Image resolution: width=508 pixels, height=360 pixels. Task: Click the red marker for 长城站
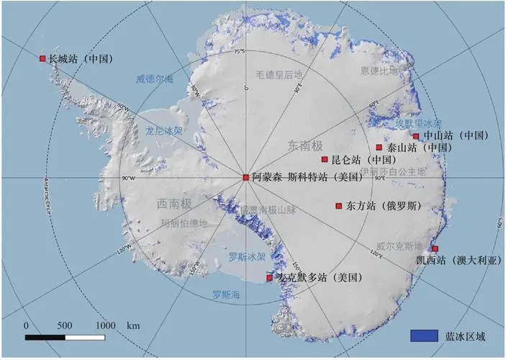coord(42,58)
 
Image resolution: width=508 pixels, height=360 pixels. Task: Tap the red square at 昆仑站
coord(325,159)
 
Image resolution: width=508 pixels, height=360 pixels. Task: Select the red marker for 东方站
coord(339,206)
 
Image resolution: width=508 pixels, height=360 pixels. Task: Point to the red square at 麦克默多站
coord(270,277)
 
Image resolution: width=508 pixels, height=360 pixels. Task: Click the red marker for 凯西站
coord(435,249)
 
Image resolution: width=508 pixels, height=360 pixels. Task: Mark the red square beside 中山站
coord(416,135)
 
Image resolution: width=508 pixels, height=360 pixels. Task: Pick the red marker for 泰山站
coord(379,148)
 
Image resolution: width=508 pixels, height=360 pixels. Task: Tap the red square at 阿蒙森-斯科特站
coord(245,176)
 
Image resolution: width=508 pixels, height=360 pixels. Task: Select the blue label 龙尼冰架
coord(164,132)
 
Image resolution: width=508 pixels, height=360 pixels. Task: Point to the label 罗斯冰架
coord(248,256)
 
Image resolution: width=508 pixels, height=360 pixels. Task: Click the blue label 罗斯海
coord(226,294)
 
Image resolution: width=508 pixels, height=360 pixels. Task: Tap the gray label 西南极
coord(173,204)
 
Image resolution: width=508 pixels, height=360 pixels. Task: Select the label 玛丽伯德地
coord(183,223)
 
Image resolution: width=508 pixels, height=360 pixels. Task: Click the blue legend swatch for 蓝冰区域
coord(424,336)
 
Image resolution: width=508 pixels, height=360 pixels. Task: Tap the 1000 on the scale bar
coord(105,325)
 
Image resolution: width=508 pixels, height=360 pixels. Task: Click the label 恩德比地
coord(378,71)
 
